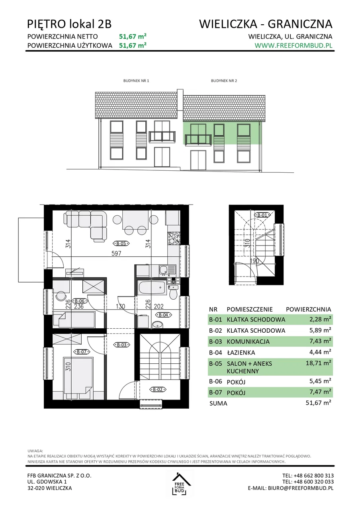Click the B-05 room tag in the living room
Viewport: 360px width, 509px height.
[x=121, y=244]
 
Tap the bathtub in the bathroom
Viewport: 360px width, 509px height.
[x=152, y=288]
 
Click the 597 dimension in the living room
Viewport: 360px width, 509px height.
[x=116, y=254]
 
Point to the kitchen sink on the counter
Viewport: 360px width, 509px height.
[x=166, y=270]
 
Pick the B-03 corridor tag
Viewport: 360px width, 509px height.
[x=122, y=345]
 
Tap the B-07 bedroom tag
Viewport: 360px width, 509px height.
[x=82, y=352]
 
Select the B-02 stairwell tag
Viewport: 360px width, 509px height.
[x=157, y=390]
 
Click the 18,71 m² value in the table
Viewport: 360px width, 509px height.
[x=318, y=363]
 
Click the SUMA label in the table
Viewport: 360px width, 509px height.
[x=218, y=403]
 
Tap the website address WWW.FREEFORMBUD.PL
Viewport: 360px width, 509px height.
[x=293, y=45]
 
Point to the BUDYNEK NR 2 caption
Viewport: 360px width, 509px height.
[x=224, y=81]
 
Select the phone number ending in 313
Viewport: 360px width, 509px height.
[x=308, y=476]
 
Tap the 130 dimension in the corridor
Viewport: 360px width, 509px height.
[x=120, y=306]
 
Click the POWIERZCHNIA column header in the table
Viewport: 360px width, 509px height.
[x=308, y=309]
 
